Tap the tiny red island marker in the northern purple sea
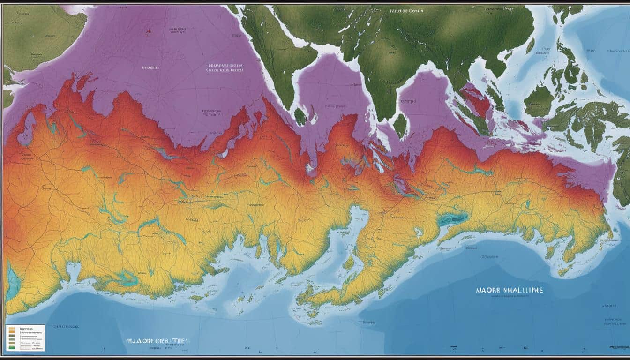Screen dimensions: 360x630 click(x=149, y=32)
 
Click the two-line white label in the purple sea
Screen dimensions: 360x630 click(x=225, y=68)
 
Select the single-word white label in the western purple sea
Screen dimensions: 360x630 click(x=150, y=67)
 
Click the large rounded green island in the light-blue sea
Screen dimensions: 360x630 click(x=539, y=101)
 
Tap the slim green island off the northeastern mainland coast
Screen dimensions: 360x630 click(x=530, y=45)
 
